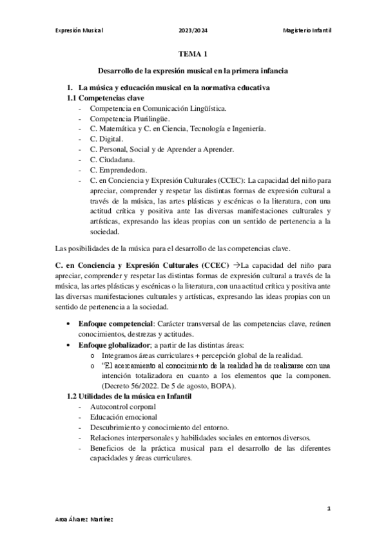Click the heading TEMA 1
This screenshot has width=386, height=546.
tap(193, 56)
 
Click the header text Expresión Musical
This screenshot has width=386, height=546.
tap(80, 30)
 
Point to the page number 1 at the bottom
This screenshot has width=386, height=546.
tap(329, 509)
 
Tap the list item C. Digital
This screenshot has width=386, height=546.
tap(106, 139)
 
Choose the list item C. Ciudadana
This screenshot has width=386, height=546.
tap(113, 160)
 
